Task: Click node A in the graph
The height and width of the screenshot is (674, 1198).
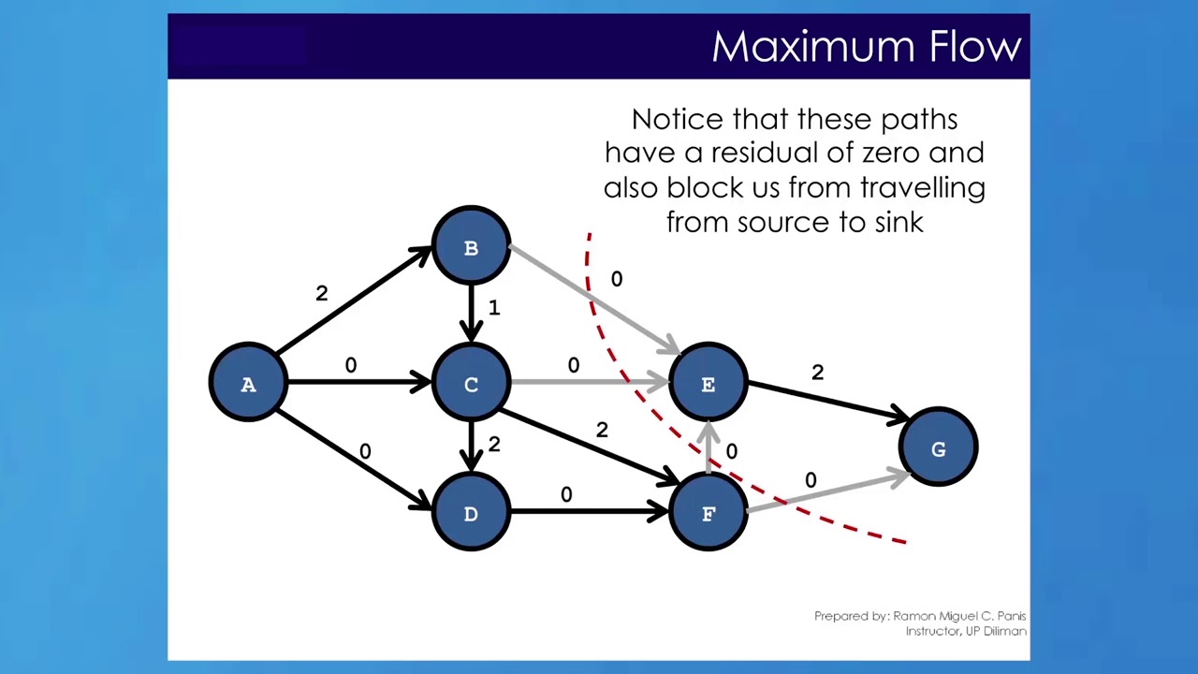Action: (248, 384)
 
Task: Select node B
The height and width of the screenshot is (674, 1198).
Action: (471, 247)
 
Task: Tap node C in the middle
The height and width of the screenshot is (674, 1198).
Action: (471, 384)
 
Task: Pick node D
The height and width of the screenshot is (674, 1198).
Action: (471, 513)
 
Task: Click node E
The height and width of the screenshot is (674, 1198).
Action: (708, 384)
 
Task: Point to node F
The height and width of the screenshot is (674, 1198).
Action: (708, 513)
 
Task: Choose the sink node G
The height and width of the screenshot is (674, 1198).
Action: (938, 449)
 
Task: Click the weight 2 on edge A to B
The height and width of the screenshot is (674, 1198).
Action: (322, 293)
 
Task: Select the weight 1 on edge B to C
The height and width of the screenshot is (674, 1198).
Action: (494, 307)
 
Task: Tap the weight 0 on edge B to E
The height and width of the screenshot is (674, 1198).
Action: (616, 279)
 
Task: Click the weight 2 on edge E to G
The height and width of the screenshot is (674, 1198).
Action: (817, 372)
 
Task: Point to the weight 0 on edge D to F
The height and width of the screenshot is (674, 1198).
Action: (566, 494)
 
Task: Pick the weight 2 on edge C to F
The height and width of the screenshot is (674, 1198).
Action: (602, 430)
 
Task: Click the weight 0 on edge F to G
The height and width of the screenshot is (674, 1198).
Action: (811, 480)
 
